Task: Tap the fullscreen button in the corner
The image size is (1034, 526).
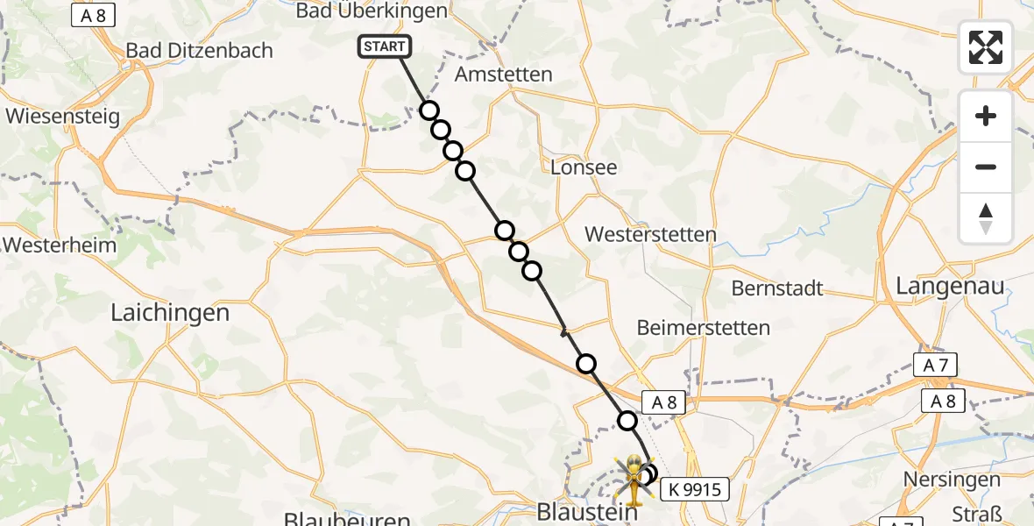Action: pyautogui.click(x=986, y=46)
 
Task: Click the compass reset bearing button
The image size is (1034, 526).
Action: pyautogui.click(x=986, y=218)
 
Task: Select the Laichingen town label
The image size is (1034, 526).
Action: pyautogui.click(x=170, y=312)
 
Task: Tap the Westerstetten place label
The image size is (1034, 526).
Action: pyautogui.click(x=650, y=234)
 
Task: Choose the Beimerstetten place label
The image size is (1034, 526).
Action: pyautogui.click(x=704, y=328)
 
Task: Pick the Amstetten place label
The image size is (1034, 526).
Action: pyautogui.click(x=504, y=75)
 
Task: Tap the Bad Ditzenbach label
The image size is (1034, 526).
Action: pyautogui.click(x=200, y=50)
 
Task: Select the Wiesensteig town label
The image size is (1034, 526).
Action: pyautogui.click(x=62, y=116)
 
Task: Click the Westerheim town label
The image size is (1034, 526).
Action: pyautogui.click(x=60, y=245)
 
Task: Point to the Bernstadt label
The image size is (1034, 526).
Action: pyautogui.click(x=777, y=288)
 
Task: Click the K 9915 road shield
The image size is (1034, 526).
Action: pyautogui.click(x=694, y=489)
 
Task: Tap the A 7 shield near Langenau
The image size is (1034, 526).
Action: pyautogui.click(x=935, y=366)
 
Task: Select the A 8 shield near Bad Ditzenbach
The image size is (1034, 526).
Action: pyautogui.click(x=94, y=17)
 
